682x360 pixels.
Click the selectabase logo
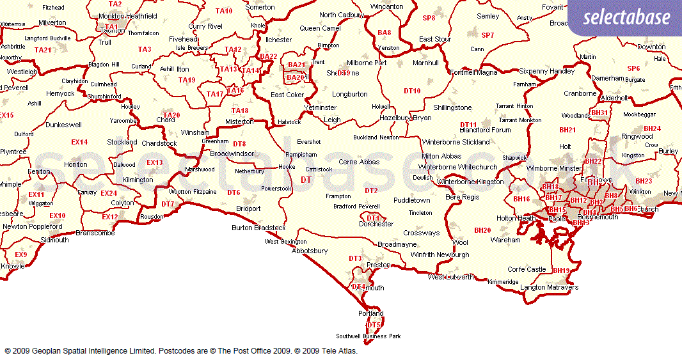626,17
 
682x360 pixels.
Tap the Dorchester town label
376,224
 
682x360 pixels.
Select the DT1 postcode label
373,218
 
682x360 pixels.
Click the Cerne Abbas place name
359,162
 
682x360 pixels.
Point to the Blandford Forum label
485,130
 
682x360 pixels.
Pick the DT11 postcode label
468,124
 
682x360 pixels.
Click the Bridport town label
248,208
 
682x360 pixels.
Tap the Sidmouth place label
54,240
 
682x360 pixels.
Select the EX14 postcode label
79,142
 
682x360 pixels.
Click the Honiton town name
76,164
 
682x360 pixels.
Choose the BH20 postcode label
482,230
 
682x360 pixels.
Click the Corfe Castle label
527,269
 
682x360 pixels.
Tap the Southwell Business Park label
369,336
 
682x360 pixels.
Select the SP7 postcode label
488,35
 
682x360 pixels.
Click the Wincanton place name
386,7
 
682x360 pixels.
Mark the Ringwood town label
637,136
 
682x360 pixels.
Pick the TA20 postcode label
171,115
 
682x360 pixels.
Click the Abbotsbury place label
310,251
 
